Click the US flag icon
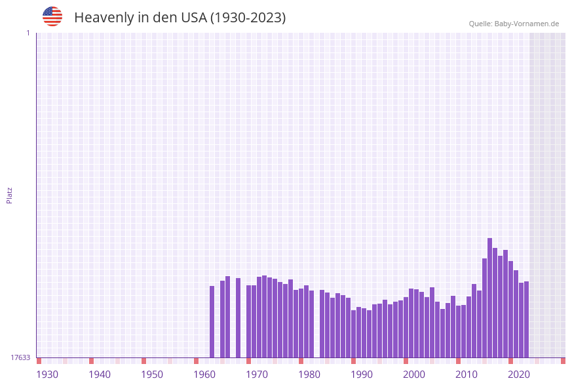click(x=52, y=16)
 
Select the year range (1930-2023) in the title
click(x=248, y=18)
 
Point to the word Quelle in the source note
click(x=480, y=24)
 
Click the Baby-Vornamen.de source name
click(x=527, y=24)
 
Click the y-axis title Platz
click(x=10, y=195)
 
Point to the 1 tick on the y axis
click(x=28, y=33)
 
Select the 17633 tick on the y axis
click(x=20, y=357)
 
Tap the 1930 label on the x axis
click(x=47, y=375)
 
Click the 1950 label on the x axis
click(x=152, y=375)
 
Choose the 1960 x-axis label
click(x=204, y=375)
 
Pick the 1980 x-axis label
click(x=309, y=375)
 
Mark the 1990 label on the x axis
click(x=362, y=375)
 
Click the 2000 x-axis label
click(x=414, y=375)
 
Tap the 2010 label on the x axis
click(x=467, y=375)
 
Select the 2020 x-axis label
click(x=519, y=375)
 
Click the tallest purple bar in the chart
click(x=489, y=298)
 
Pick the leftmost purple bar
click(x=212, y=321)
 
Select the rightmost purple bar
click(x=526, y=319)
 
